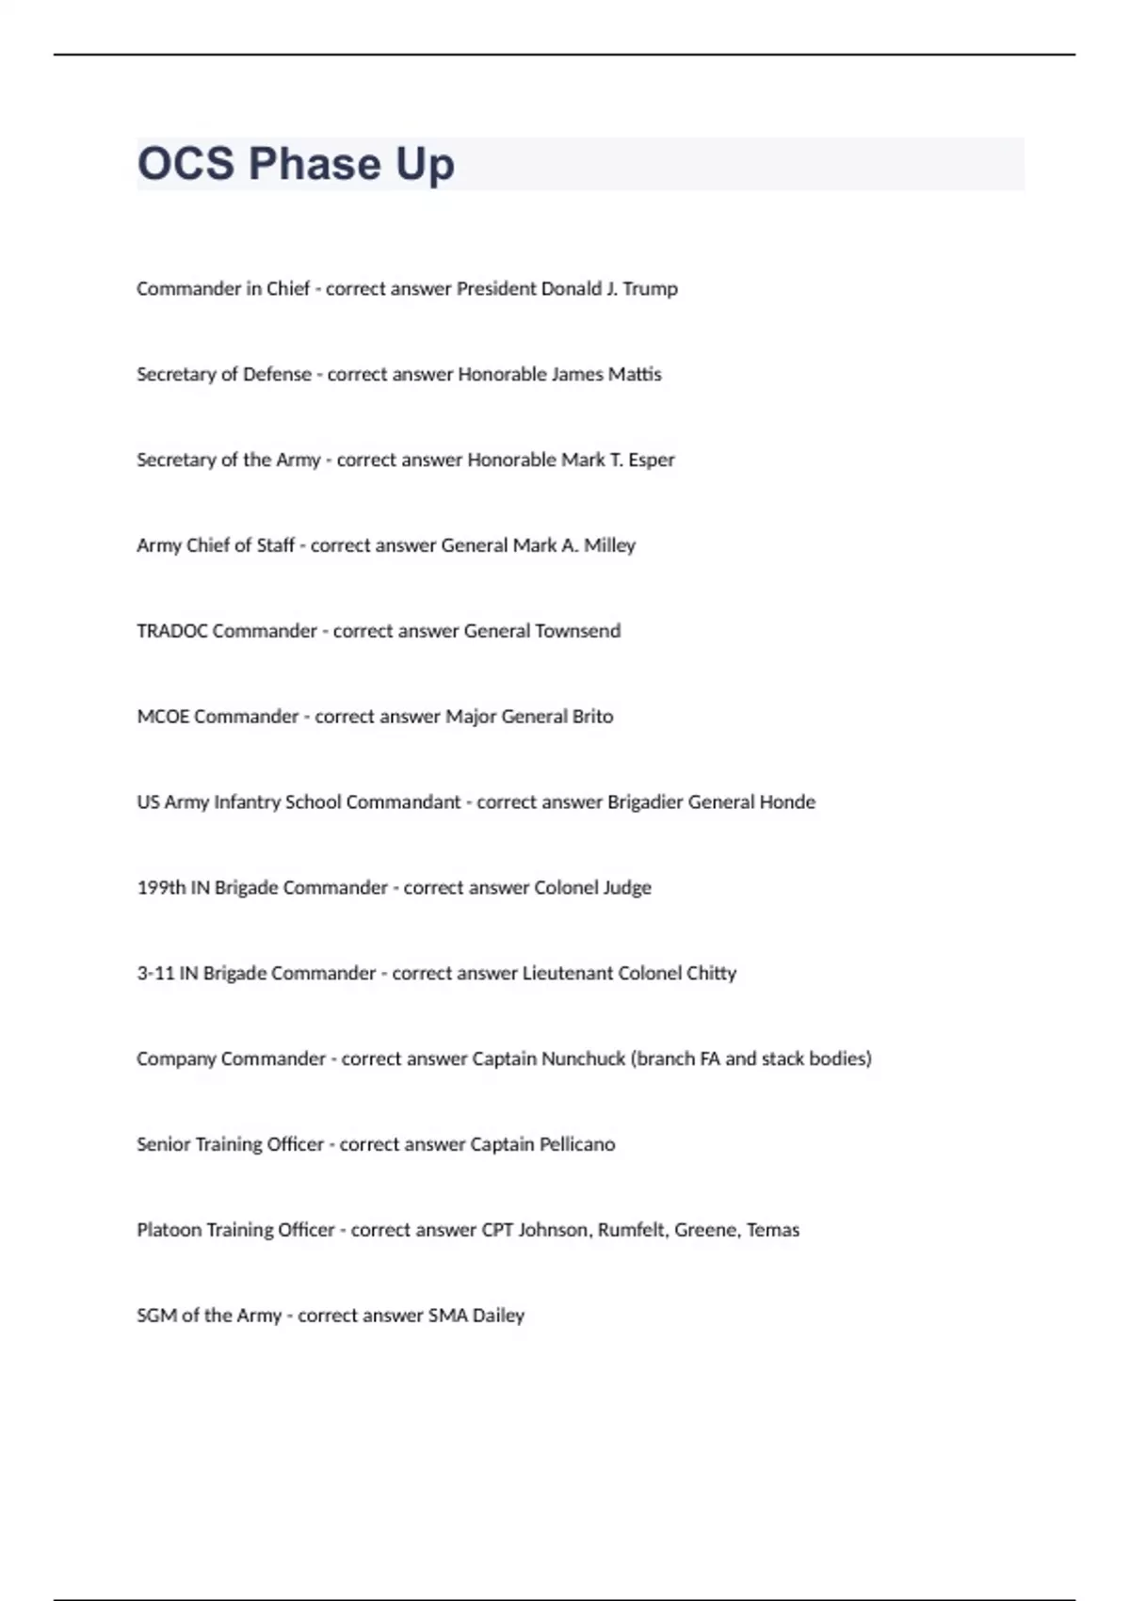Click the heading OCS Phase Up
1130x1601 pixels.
click(296, 164)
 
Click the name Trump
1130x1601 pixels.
click(650, 289)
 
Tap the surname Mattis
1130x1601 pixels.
click(635, 375)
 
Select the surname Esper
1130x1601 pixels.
click(652, 461)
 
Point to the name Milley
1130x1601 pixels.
click(609, 546)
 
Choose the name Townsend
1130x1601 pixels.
click(577, 631)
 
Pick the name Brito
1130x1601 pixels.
click(592, 717)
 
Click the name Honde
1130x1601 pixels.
click(787, 802)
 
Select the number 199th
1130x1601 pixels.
click(161, 888)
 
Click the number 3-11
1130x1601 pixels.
click(155, 974)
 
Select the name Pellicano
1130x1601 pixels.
click(576, 1145)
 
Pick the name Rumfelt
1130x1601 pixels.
click(631, 1231)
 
